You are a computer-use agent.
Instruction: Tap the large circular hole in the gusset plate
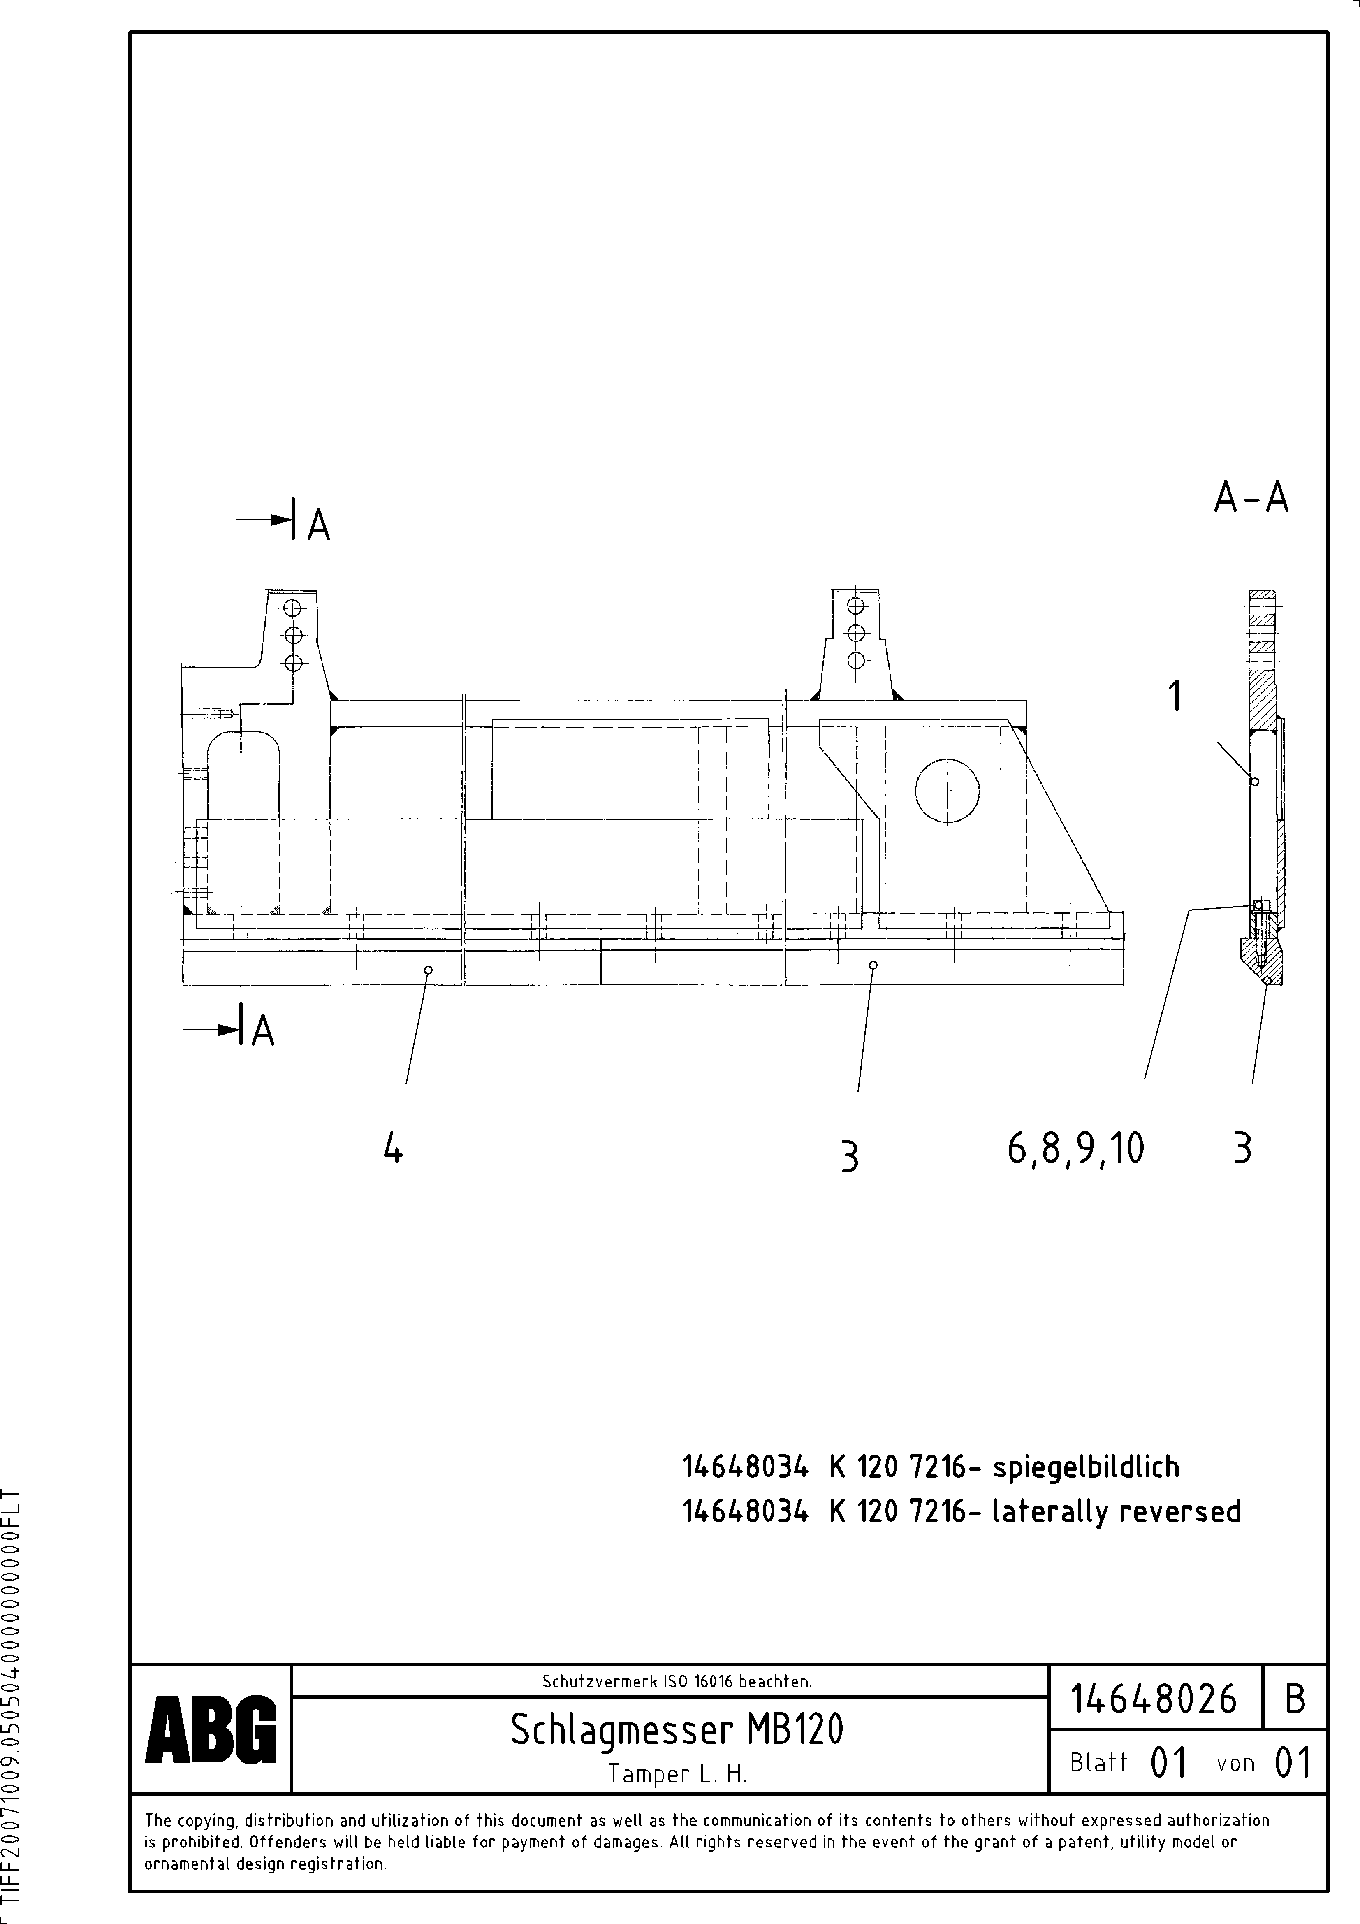pos(947,791)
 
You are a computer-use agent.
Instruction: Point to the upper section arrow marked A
pos(285,521)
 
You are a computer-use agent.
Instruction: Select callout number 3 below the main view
pos(849,1157)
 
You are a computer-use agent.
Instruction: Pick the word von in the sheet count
pos(1235,1763)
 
